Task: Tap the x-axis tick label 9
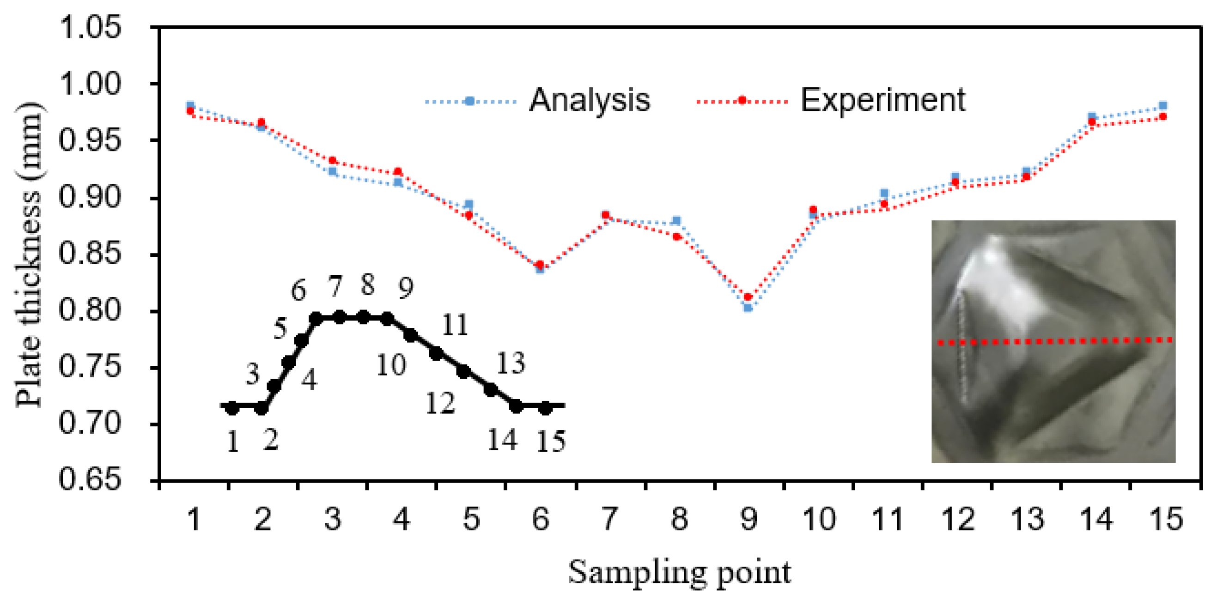pos(748,519)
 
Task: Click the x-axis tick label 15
pos(1167,519)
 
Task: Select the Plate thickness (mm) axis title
pos(29,255)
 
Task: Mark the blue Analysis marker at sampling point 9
pos(748,308)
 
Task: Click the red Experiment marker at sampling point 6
pos(540,265)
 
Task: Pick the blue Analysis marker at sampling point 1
pos(190,105)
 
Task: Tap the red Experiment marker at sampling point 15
pos(1162,117)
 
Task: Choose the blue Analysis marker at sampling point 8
pos(676,221)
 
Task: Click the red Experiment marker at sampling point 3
pos(332,161)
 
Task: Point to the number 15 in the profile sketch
pos(551,442)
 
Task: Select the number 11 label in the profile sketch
pos(455,326)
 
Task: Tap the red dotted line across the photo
pos(1053,341)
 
